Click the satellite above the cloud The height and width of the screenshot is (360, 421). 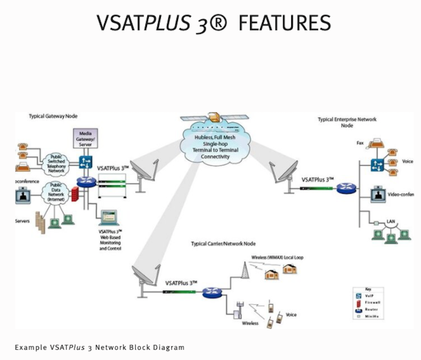tap(215, 118)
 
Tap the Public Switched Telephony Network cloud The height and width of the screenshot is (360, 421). tap(56, 163)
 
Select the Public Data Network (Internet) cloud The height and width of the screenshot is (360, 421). tap(56, 192)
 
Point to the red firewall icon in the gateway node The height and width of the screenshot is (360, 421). tap(75, 194)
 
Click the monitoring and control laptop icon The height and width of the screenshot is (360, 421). tap(109, 218)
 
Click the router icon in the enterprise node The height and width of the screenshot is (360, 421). tap(345, 188)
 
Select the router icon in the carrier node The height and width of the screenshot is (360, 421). tap(212, 292)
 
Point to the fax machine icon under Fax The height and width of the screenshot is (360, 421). tap(376, 143)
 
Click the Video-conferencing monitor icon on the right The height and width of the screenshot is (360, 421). tap(378, 194)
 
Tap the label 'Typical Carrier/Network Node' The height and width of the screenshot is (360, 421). tap(223, 244)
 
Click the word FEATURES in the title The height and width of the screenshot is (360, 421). tap(285, 23)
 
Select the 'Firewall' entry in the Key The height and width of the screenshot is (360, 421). tap(369, 302)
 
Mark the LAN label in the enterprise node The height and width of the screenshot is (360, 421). tap(391, 222)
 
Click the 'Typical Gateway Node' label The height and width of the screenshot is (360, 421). tap(53, 116)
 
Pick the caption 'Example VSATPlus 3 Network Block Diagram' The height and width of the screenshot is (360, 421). tap(100, 348)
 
